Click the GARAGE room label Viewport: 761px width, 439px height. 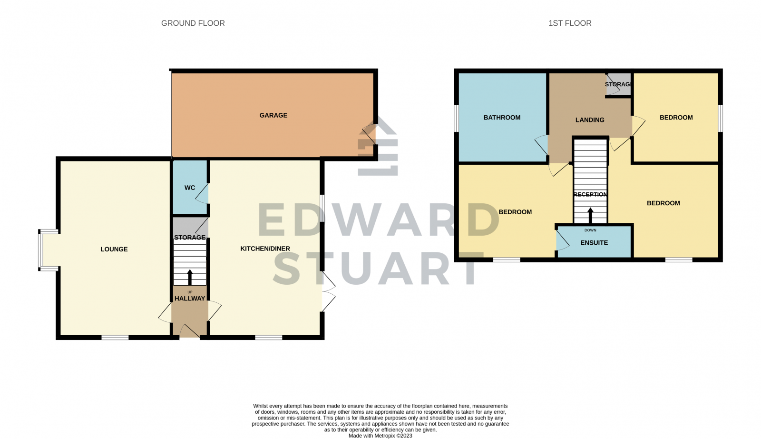coord(273,115)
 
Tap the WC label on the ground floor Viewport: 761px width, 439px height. coord(190,188)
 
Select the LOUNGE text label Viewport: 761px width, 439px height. coord(114,249)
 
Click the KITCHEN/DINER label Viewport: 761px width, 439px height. coord(265,249)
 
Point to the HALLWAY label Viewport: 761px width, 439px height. coord(190,299)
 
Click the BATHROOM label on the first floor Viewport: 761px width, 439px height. coord(502,118)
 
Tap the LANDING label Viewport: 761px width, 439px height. coord(590,120)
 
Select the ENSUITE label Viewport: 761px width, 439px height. coord(594,243)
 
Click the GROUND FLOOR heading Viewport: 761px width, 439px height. coord(193,23)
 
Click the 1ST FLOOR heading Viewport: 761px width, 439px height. coord(570,23)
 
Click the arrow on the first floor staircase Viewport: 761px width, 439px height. coord(590,215)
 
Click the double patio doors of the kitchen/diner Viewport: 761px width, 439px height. coord(328,291)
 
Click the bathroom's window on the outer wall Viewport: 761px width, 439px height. coord(456,118)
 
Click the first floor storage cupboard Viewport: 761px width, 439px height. coord(618,85)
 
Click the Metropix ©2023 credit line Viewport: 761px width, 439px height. coord(380,436)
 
